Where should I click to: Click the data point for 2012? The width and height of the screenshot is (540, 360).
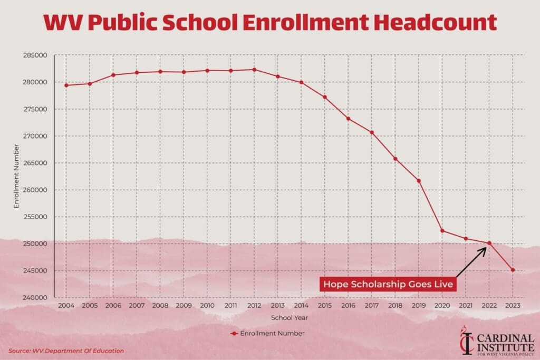click(254, 70)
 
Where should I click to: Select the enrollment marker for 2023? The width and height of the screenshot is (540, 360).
click(513, 270)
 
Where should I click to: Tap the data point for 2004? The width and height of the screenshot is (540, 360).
click(66, 85)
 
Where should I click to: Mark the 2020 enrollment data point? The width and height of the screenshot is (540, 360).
click(442, 230)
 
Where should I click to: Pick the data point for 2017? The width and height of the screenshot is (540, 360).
click(372, 132)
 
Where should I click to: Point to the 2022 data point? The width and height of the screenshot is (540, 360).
click(489, 243)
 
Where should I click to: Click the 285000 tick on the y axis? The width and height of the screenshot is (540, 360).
click(35, 55)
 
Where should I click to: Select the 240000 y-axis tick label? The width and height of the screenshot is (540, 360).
click(35, 298)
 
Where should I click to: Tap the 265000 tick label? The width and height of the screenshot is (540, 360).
click(35, 163)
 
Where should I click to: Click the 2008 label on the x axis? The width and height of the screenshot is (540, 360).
click(160, 306)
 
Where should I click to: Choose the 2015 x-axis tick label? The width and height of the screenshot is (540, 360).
click(325, 306)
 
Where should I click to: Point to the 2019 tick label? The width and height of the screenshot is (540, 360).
click(419, 306)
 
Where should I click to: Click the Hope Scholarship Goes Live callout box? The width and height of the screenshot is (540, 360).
click(389, 284)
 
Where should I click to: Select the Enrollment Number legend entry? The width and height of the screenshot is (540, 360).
click(267, 334)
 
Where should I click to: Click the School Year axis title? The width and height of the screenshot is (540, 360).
click(289, 318)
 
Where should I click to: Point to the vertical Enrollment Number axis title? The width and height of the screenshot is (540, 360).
click(16, 176)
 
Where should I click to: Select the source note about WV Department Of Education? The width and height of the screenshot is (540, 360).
click(66, 351)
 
